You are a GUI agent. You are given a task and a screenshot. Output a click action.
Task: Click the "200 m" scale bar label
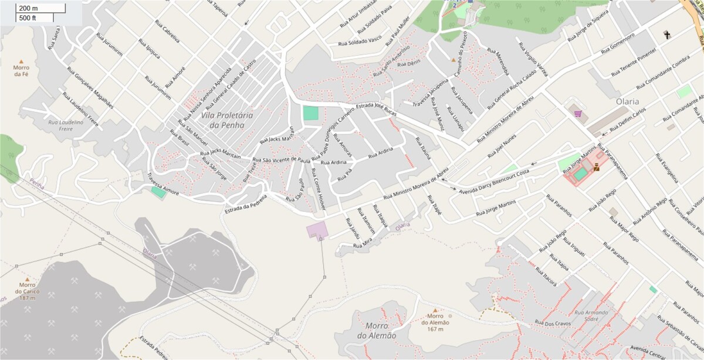27,8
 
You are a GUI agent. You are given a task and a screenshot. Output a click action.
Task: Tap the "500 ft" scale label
27,18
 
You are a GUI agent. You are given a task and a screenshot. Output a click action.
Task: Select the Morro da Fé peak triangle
22,61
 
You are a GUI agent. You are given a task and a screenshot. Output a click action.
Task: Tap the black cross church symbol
666,35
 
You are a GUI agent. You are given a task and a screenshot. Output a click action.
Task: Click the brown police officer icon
596,168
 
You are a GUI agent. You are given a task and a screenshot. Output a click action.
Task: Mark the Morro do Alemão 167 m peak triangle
435,311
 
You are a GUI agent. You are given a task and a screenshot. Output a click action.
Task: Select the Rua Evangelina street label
667,168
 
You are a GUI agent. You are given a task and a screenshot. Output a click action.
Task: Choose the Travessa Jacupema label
427,96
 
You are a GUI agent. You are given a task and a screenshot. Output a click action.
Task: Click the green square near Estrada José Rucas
310,113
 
